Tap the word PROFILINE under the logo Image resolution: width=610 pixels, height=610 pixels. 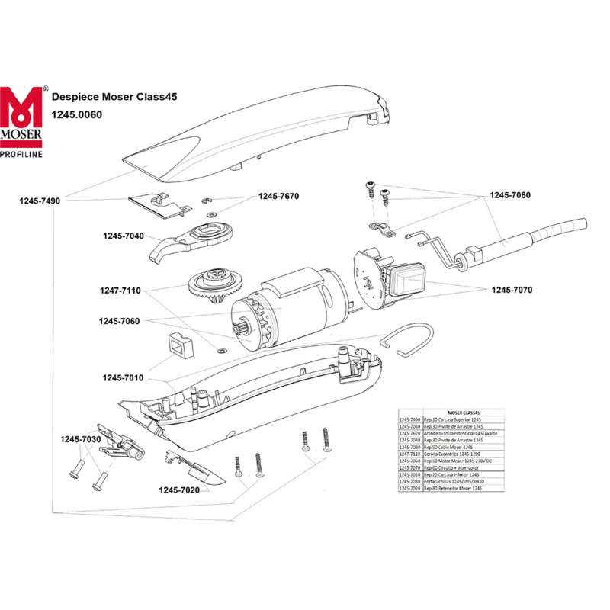click(21, 154)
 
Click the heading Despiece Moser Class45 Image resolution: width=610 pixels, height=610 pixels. click(104, 97)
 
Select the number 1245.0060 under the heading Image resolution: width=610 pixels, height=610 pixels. click(76, 114)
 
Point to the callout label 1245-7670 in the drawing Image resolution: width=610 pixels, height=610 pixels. click(279, 196)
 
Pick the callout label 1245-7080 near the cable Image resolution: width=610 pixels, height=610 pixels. click(510, 195)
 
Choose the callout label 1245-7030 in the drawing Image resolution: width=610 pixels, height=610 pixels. click(82, 440)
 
